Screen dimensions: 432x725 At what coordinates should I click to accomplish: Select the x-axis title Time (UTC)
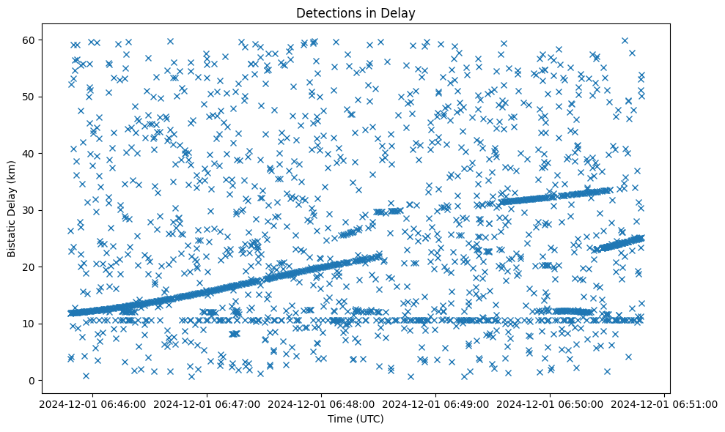coord(356,419)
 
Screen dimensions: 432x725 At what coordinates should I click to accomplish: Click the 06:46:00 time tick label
coord(92,403)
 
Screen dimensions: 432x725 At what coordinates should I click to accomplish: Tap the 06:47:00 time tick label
coord(207,403)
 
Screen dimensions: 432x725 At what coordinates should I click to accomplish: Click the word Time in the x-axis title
coord(339,419)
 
